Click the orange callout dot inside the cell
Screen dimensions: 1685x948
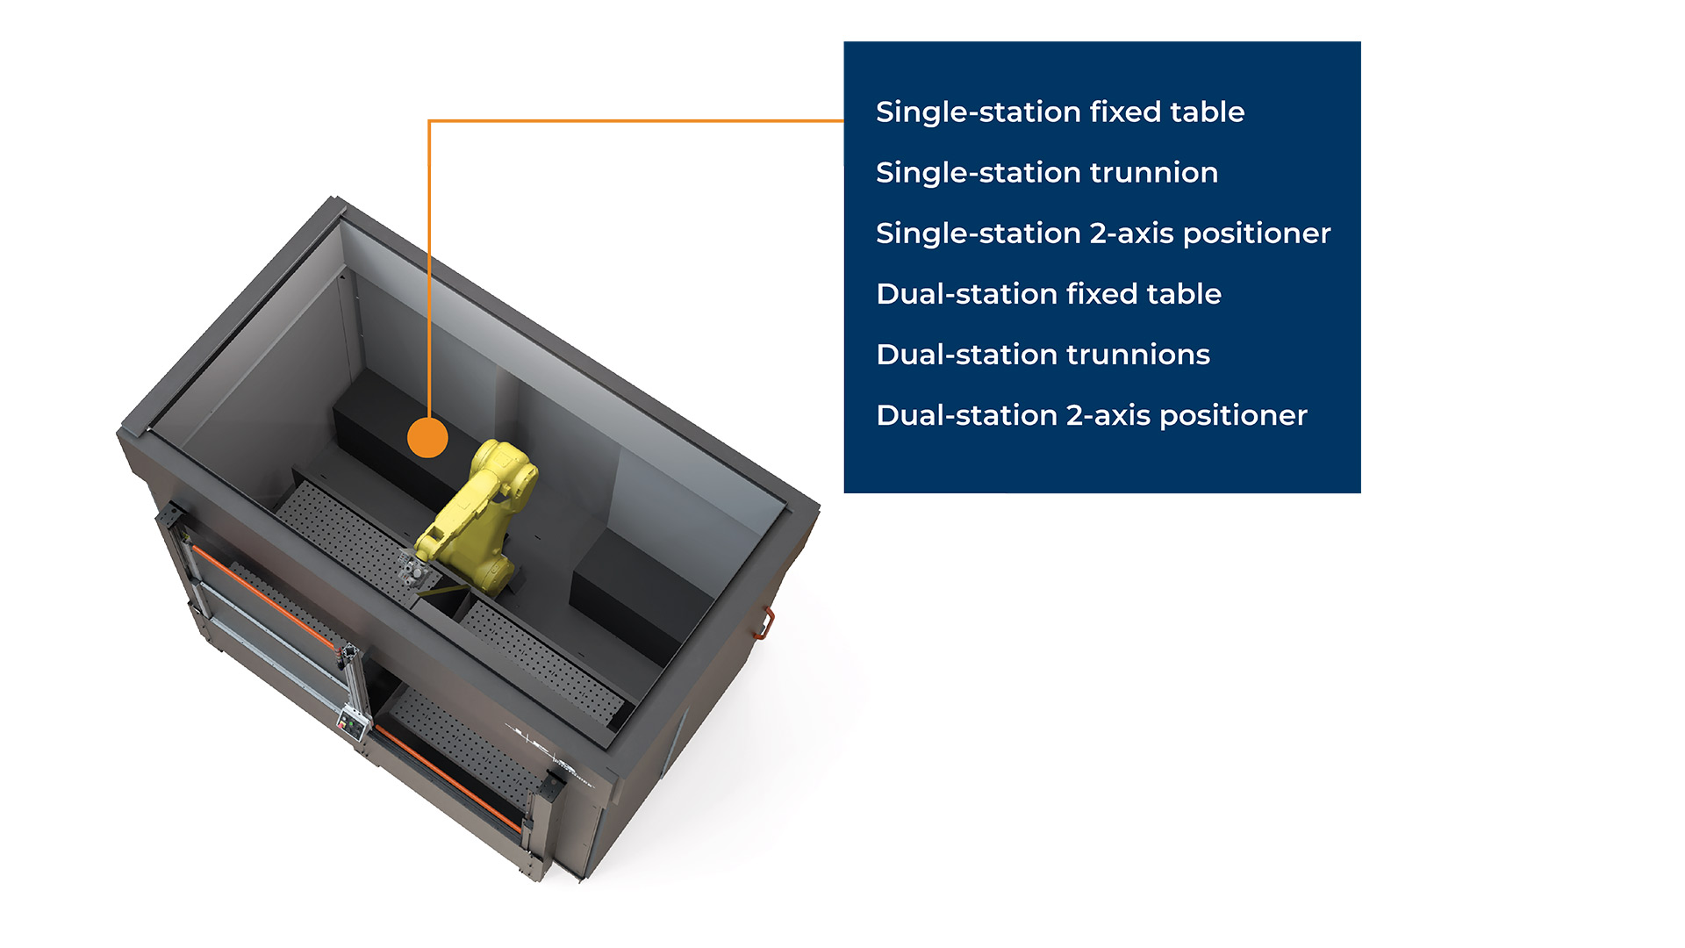(428, 437)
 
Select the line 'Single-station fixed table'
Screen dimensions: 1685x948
(1060, 112)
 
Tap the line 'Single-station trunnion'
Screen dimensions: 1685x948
(1047, 173)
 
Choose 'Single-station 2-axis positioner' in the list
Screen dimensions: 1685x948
(1103, 233)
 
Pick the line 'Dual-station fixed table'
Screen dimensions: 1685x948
(1049, 294)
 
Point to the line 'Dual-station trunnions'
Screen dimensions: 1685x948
(1043, 355)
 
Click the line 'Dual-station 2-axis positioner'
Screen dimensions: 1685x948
(1092, 415)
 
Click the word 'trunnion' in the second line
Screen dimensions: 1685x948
(1154, 173)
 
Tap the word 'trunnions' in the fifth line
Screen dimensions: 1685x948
(1138, 355)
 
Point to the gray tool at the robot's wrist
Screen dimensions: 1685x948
(414, 572)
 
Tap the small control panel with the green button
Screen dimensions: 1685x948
(353, 725)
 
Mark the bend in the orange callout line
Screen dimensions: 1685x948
(429, 121)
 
